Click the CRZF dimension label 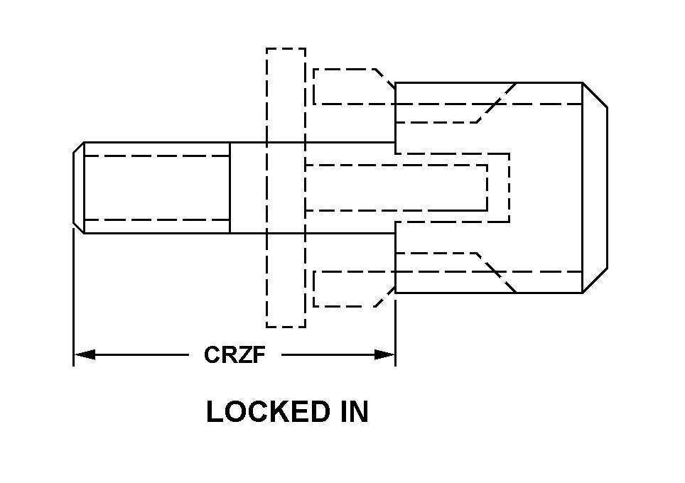(234, 354)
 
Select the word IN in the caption (350, 412)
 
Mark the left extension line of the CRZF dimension (73, 298)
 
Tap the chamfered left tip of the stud (79, 188)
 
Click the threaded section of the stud (156, 188)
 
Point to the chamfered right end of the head (595, 188)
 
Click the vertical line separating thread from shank (230, 188)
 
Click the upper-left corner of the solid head (396, 83)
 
